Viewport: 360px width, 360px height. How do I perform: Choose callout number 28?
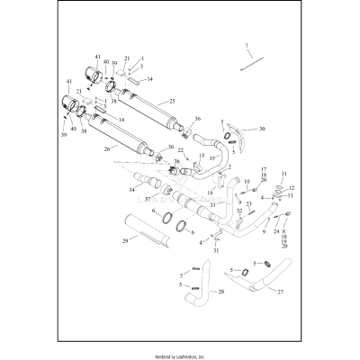point(222,292)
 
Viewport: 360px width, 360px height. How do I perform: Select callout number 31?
point(216,251)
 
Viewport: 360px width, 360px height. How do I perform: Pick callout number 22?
point(180,150)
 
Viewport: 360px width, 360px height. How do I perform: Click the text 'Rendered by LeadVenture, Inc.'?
point(180,353)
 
